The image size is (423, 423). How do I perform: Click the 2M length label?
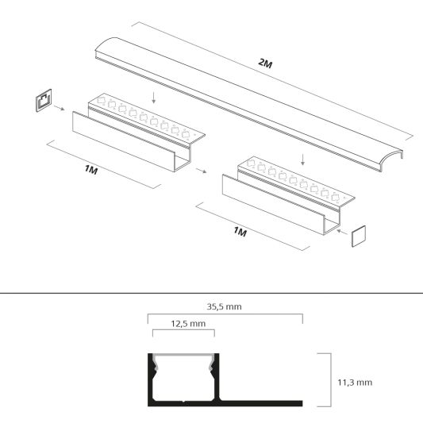(x=266, y=63)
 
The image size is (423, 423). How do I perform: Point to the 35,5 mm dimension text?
(x=225, y=306)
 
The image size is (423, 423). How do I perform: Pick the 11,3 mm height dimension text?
(x=354, y=382)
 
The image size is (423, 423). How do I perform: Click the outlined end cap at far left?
(x=42, y=101)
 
